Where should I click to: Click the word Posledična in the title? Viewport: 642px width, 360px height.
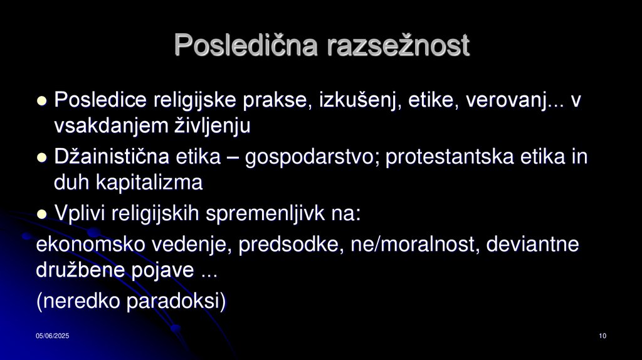pyautogui.click(x=247, y=45)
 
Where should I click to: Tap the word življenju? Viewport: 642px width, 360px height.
pyautogui.click(x=212, y=126)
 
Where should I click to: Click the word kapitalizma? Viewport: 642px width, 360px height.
pyautogui.click(x=149, y=183)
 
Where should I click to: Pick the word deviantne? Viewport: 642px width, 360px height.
pyautogui.click(x=535, y=245)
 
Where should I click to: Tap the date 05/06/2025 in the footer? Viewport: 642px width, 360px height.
pyautogui.click(x=52, y=337)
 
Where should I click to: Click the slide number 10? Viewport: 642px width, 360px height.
pyautogui.click(x=603, y=337)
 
